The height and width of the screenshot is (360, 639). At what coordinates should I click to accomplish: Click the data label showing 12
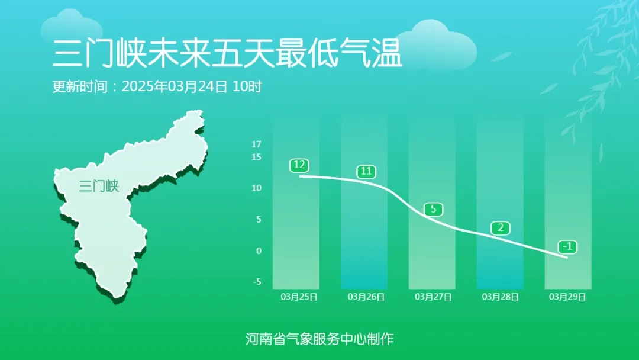(299, 165)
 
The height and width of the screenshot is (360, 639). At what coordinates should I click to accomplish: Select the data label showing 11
(367, 172)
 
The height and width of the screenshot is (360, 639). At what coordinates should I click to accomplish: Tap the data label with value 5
(433, 209)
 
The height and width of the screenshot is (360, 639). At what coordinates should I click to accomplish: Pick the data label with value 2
(500, 228)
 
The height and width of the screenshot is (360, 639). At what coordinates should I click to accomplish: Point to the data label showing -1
(567, 246)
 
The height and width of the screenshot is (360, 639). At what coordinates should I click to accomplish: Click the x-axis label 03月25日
(299, 297)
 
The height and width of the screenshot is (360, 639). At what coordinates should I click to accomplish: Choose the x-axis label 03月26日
(366, 297)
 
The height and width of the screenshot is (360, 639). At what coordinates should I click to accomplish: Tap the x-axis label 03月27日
(433, 297)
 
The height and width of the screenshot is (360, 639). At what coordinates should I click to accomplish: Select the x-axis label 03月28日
(501, 297)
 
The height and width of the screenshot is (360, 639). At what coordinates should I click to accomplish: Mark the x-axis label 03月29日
(567, 297)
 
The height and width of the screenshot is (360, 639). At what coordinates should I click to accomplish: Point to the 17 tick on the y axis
(256, 144)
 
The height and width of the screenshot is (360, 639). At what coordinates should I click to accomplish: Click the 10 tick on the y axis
(256, 188)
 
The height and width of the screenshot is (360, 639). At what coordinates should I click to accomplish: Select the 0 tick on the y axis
(258, 251)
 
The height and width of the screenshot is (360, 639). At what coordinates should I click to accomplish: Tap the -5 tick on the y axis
(257, 282)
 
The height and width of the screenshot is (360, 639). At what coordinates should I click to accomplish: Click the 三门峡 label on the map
(99, 187)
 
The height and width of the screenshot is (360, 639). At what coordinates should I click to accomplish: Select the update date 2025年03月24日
(174, 86)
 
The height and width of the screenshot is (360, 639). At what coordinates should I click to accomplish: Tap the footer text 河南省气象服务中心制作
(319, 339)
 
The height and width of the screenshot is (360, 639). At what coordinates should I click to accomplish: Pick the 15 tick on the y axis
(256, 157)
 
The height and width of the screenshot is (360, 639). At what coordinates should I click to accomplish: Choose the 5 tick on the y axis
(258, 220)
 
